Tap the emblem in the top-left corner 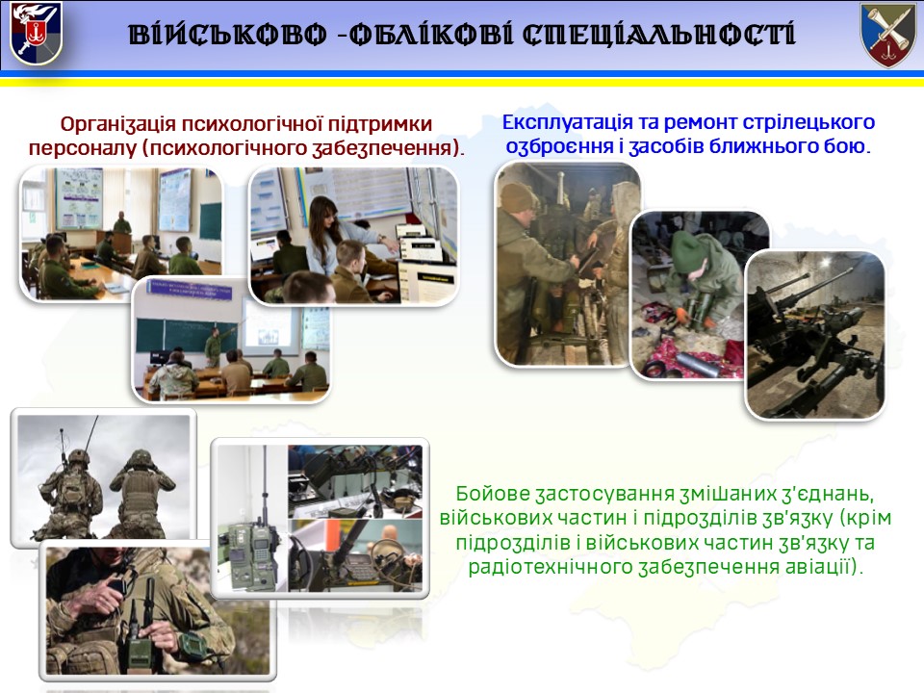coord(36,34)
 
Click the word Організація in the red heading coord(117,124)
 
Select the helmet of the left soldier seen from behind coord(78,457)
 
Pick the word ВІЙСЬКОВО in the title coord(227,35)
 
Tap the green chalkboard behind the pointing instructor coord(184,335)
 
